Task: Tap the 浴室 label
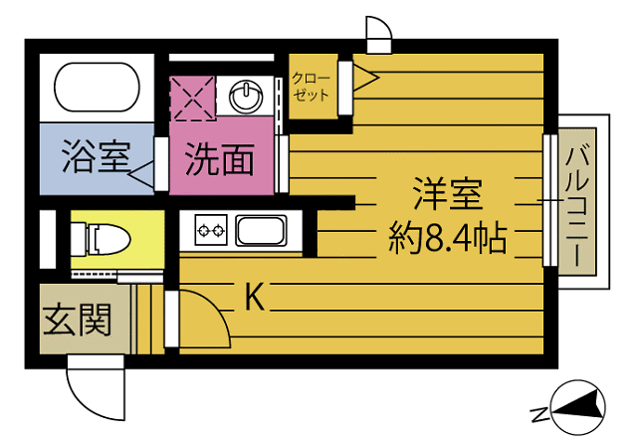click(x=96, y=158)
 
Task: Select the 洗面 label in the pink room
click(x=219, y=158)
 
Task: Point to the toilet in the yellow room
click(x=105, y=239)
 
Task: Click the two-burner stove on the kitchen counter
click(x=210, y=232)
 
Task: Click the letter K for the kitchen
click(x=255, y=297)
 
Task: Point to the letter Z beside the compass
click(x=536, y=411)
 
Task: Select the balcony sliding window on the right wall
click(x=548, y=199)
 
